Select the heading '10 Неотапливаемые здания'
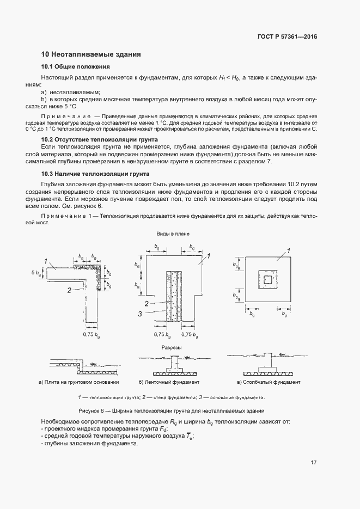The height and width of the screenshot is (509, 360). tap(91, 54)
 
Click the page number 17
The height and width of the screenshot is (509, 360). tap(314, 463)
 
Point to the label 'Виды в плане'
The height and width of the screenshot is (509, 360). tap(173, 234)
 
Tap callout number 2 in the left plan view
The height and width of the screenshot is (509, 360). tap(69, 290)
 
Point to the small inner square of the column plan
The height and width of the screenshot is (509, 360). tap(266, 279)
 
